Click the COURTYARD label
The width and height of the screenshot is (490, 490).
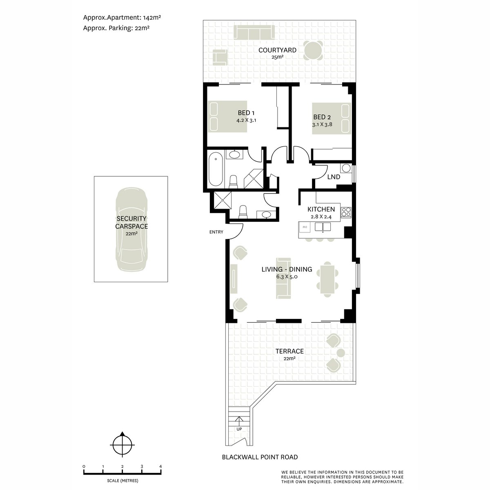pyautogui.click(x=277, y=50)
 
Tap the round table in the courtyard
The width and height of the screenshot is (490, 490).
pyautogui.click(x=313, y=51)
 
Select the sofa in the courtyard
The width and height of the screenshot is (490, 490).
pyautogui.click(x=254, y=32)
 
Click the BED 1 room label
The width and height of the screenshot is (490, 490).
pyautogui.click(x=246, y=113)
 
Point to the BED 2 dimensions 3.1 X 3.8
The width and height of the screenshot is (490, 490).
pyautogui.click(x=322, y=125)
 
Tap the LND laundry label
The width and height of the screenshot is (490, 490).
pyautogui.click(x=334, y=177)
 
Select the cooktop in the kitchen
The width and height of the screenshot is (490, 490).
pyautogui.click(x=346, y=212)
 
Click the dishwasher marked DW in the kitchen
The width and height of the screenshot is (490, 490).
pyautogui.click(x=305, y=227)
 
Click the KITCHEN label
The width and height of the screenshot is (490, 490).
pyautogui.click(x=321, y=209)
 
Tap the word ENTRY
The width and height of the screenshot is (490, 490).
pyautogui.click(x=216, y=232)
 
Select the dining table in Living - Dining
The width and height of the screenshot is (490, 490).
pyautogui.click(x=327, y=279)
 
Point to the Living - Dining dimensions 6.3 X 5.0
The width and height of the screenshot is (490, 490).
pyautogui.click(x=287, y=277)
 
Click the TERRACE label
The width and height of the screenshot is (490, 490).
pyautogui.click(x=290, y=351)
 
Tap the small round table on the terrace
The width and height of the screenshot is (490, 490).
pyautogui.click(x=341, y=353)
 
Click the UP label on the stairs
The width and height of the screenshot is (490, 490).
pyautogui.click(x=239, y=429)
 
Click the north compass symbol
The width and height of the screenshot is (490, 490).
pyautogui.click(x=122, y=445)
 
